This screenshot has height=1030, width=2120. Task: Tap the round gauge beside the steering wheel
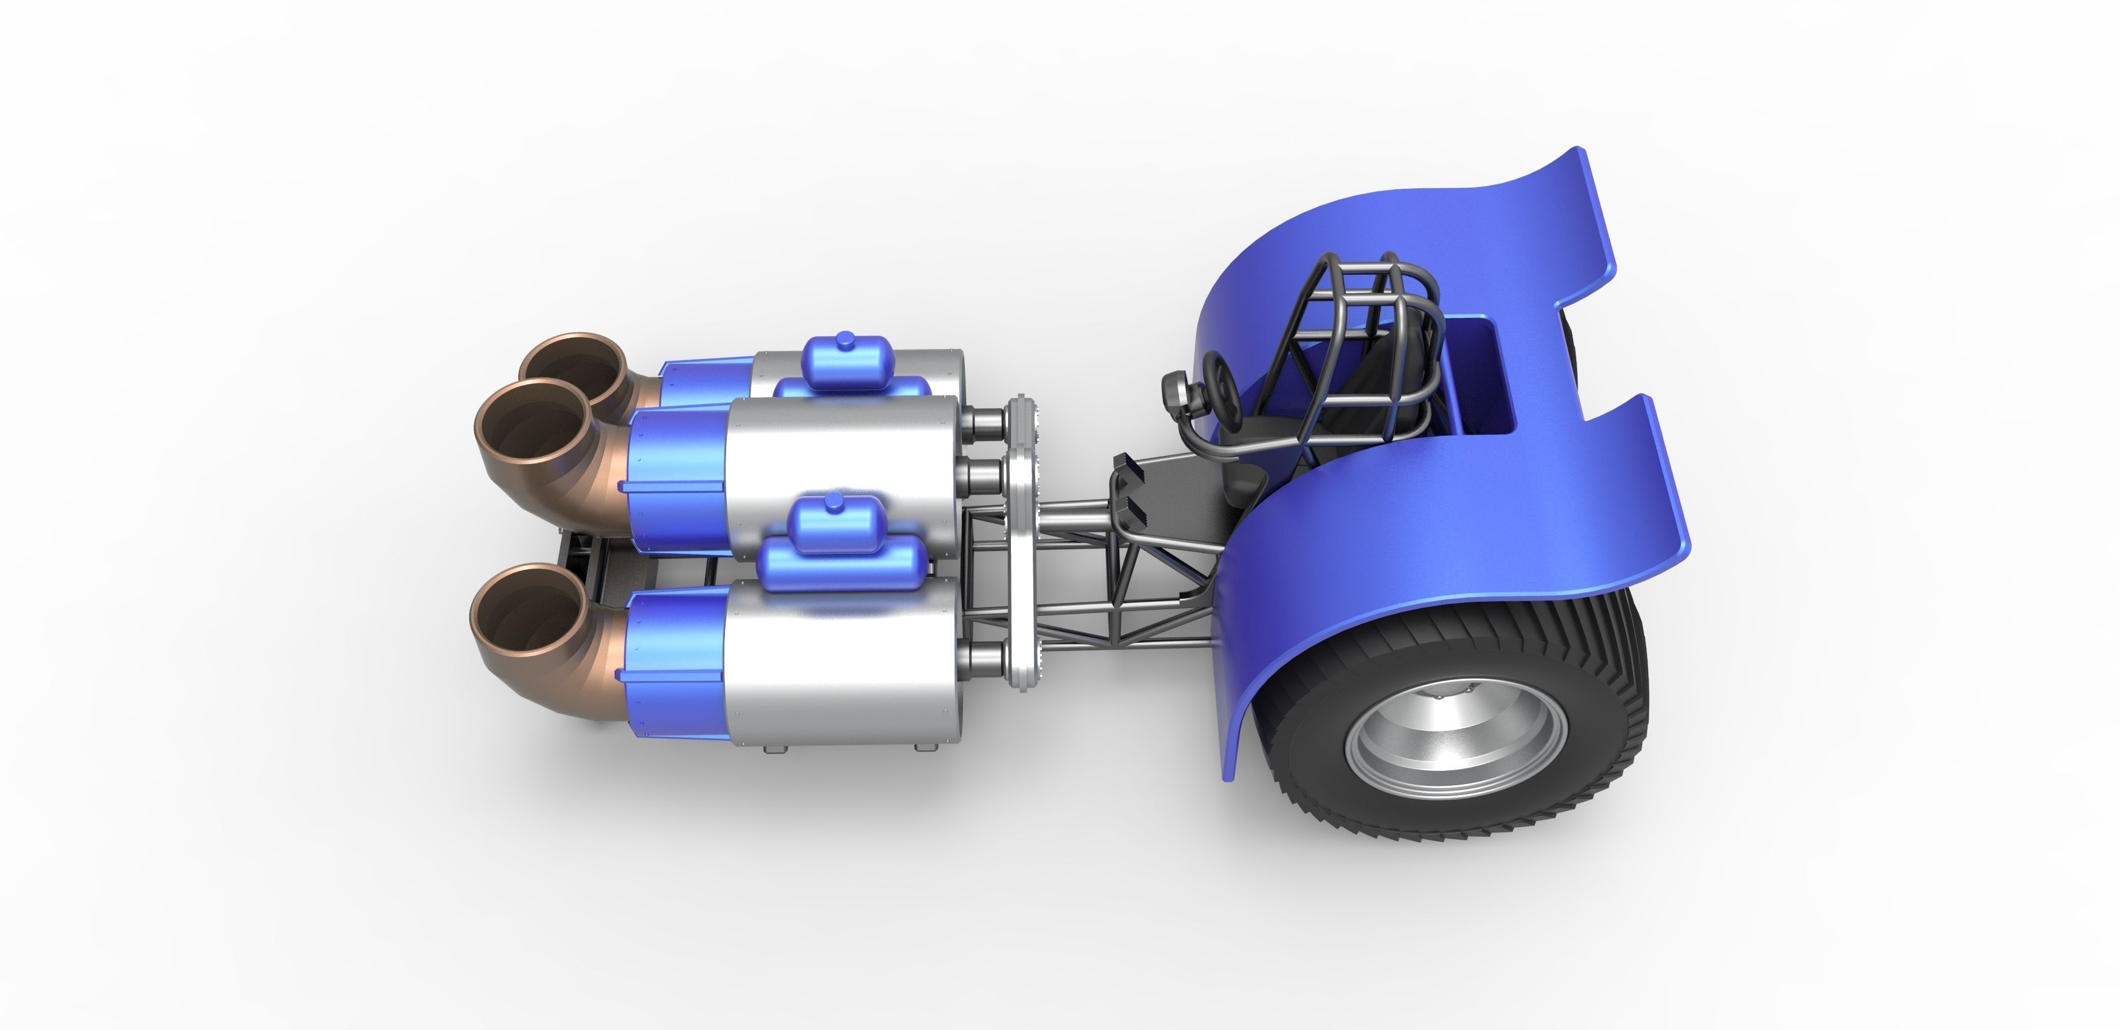click(1175, 393)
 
